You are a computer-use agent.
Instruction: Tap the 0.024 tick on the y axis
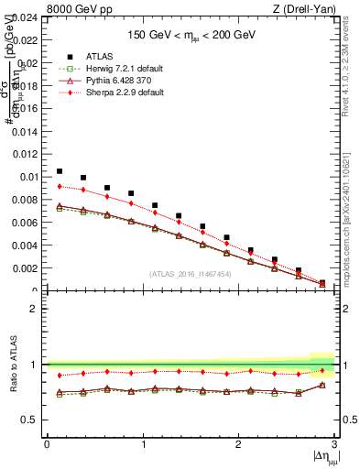[25, 17]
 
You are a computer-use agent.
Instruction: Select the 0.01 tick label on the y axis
[28, 177]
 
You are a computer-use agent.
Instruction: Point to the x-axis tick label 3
[334, 444]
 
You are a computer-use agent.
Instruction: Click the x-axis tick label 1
[143, 444]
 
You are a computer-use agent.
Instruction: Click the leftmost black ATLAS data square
[60, 171]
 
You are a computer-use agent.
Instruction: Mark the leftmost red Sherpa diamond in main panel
[60, 186]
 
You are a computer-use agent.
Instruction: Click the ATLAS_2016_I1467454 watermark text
[190, 274]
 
